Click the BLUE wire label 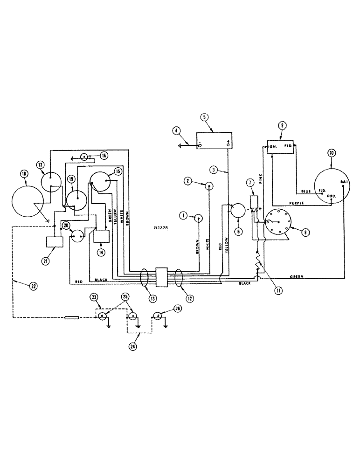tap(305, 191)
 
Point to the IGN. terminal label tap(273, 146)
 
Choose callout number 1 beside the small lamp tap(184, 215)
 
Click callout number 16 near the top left tap(103, 156)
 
